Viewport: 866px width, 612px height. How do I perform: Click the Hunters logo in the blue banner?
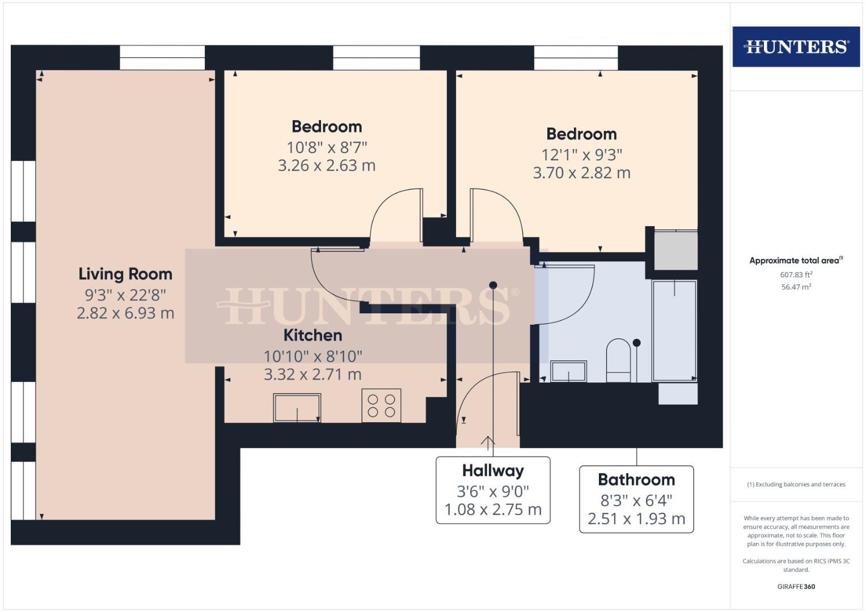pos(796,46)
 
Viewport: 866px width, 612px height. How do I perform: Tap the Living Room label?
pos(125,274)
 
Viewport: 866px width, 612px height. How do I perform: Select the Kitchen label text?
pos(312,335)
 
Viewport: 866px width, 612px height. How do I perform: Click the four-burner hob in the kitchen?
pos(381,405)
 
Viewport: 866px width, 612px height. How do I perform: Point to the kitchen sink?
pos(297,408)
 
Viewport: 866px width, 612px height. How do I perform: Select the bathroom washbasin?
pos(569,372)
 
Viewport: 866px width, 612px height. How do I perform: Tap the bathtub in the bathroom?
pos(674,330)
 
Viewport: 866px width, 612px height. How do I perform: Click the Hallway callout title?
pos(493,471)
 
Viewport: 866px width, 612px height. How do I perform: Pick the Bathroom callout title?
pos(636,480)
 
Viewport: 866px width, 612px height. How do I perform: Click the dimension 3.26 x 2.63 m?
pos(327,165)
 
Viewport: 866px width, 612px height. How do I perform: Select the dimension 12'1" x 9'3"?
pos(581,155)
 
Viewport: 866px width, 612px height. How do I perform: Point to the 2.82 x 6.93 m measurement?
pos(125,313)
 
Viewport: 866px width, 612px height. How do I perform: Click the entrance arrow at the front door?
pos(488,441)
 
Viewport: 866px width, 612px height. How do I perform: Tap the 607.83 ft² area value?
pos(796,275)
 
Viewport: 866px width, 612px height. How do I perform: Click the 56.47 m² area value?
pos(796,287)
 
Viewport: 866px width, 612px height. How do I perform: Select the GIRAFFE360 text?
pos(796,586)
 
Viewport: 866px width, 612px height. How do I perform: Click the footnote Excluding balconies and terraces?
pos(796,484)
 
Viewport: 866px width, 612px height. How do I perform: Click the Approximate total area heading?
pos(796,261)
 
